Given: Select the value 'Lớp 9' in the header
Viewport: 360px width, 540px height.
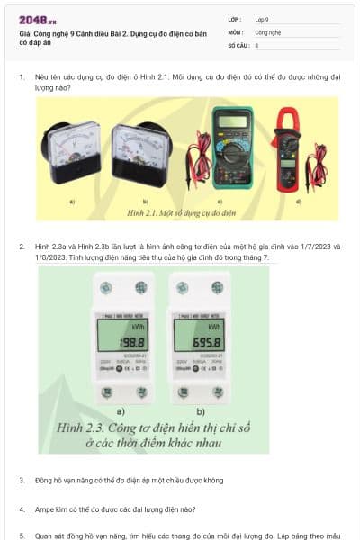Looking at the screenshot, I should point(262,19).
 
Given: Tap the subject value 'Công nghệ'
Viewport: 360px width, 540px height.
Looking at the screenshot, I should point(268,31).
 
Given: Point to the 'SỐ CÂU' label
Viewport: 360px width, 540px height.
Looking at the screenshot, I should point(237,44).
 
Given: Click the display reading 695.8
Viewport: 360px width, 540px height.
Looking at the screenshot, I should point(197,343).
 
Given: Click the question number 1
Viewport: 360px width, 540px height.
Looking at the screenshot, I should point(22,77).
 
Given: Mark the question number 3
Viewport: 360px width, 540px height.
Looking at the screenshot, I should point(22,480).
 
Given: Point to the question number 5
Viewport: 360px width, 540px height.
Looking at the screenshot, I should point(22,535).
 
